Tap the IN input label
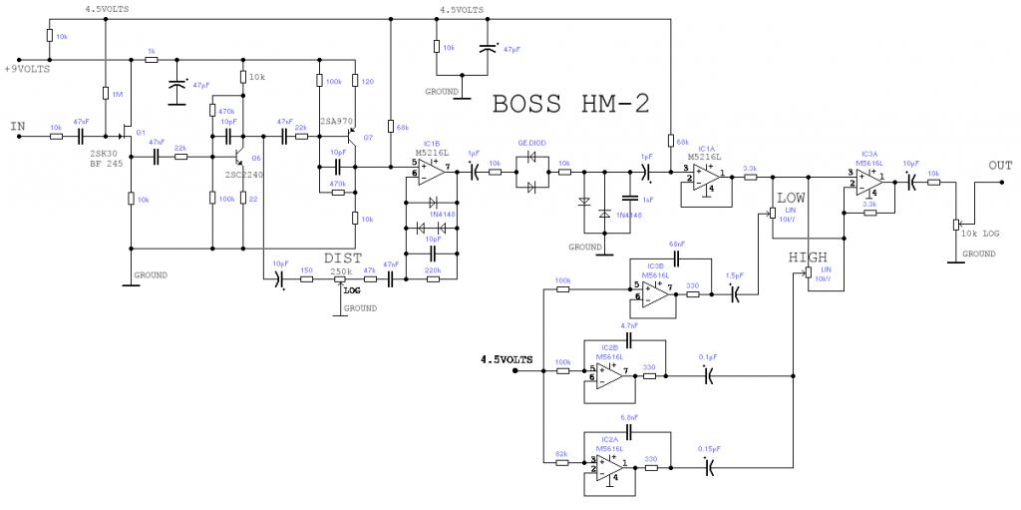pos(17,126)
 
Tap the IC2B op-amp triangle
pos(610,373)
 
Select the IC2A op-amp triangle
pos(610,463)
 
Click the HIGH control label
pos(808,257)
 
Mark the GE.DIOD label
pos(531,143)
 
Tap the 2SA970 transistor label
pos(337,120)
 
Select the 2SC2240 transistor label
pos(241,174)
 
